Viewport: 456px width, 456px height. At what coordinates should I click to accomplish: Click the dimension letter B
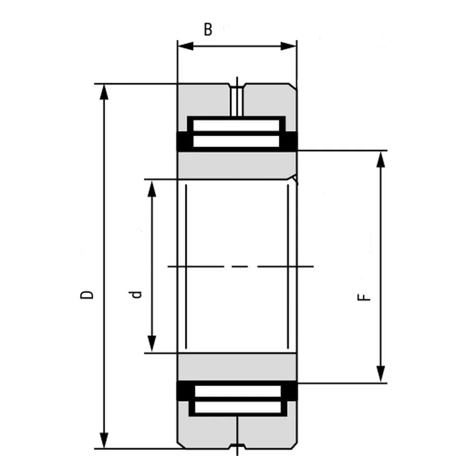click(208, 30)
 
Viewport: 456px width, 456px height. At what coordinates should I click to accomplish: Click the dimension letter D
click(88, 294)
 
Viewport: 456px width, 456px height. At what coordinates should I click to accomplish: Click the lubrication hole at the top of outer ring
click(237, 99)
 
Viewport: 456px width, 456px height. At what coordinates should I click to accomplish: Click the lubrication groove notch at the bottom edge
click(237, 446)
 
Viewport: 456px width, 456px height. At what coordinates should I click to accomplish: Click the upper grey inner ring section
click(237, 165)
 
